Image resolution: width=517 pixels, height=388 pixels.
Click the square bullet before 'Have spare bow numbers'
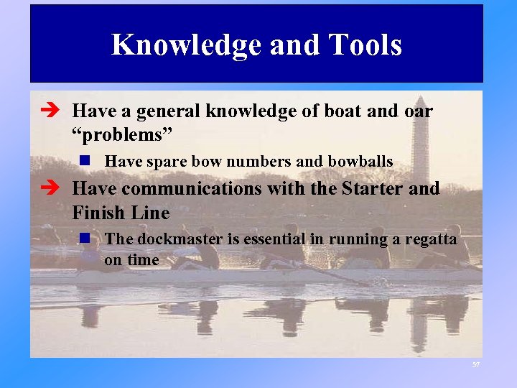(85, 162)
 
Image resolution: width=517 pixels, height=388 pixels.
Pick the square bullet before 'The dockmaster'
(85, 239)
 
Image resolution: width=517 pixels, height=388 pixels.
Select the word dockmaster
(170, 239)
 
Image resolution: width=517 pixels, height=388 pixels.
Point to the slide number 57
(475, 366)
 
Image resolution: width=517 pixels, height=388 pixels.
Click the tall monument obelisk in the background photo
(420, 140)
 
